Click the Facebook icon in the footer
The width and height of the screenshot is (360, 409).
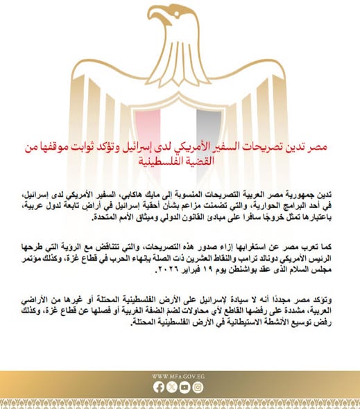160,388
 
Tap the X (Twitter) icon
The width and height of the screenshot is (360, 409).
172,388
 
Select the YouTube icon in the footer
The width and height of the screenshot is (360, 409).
185,388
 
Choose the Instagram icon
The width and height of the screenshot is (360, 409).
198,388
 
